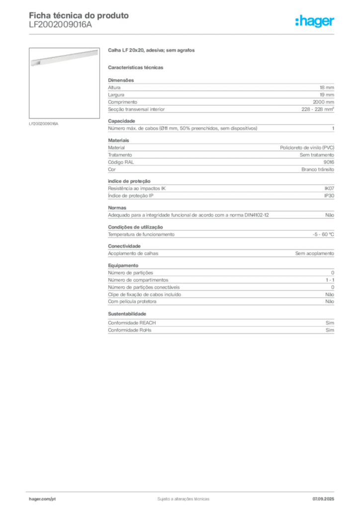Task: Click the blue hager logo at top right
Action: tap(316, 22)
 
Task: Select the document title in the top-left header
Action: tap(80, 16)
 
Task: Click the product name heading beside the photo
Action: tap(153, 51)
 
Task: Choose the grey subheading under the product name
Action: tap(137, 67)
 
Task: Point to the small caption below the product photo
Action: tap(44, 124)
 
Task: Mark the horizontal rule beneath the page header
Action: tap(183, 34)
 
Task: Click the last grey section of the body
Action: tap(220, 328)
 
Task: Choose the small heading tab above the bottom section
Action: tap(127, 314)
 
